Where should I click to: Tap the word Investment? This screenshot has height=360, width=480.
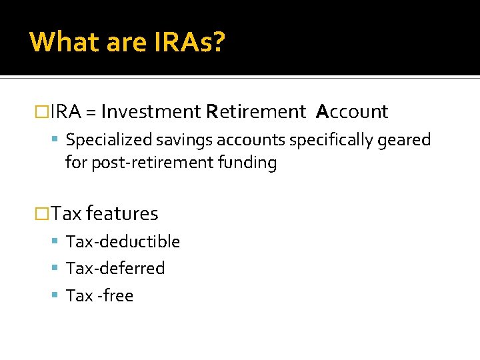coord(151,112)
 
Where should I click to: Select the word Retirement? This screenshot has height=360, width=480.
coord(255,112)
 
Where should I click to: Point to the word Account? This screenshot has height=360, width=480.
coord(352,112)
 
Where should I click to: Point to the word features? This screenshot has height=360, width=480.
coord(122,213)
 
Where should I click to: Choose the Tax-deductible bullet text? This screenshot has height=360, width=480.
coord(123,241)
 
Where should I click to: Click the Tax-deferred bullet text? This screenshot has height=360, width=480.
coord(115,268)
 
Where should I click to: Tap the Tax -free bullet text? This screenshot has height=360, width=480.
coord(100,295)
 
